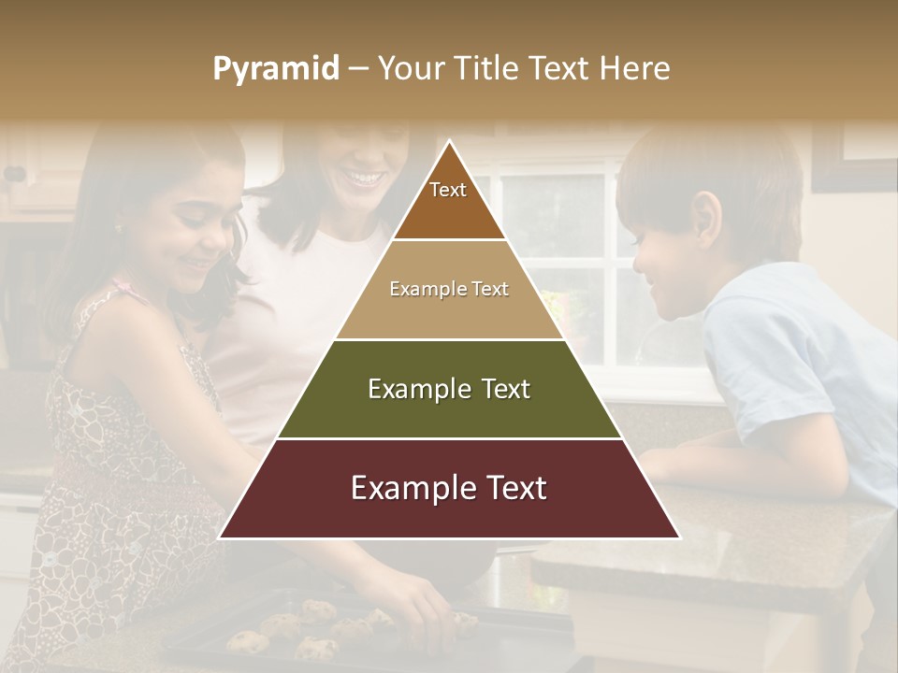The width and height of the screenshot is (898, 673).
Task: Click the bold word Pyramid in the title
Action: pyautogui.click(x=275, y=69)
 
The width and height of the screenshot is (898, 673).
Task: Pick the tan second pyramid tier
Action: pyautogui.click(x=449, y=290)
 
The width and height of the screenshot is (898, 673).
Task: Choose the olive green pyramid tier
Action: pyautogui.click(x=449, y=389)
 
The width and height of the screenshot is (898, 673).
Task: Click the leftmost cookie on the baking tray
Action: pyautogui.click(x=246, y=641)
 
